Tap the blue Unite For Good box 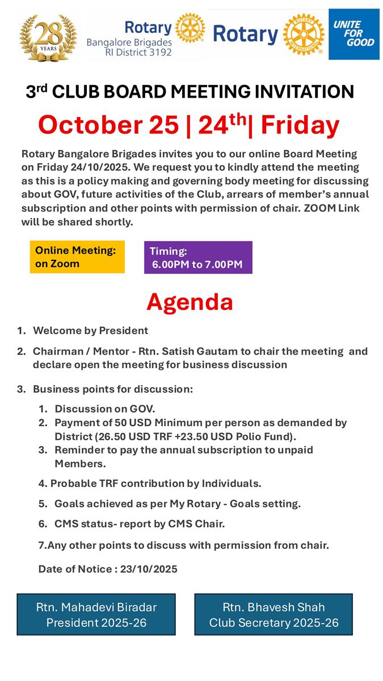click(x=353, y=34)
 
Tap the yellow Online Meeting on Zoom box click(x=77, y=257)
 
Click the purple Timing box click(x=197, y=258)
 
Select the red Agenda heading click(x=190, y=302)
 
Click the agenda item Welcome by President click(x=90, y=330)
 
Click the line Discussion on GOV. click(x=104, y=409)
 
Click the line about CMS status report click(x=139, y=524)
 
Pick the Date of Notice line click(x=107, y=569)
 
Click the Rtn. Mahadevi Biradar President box click(x=96, y=614)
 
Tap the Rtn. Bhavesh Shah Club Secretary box click(x=273, y=614)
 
